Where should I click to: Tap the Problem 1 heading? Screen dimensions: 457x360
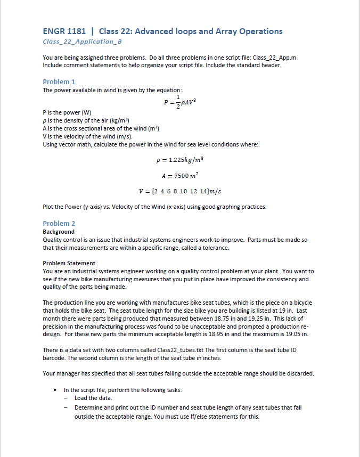(59, 81)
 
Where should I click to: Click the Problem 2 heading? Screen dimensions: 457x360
(59, 223)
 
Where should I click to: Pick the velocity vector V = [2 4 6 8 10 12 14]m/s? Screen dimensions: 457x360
(179, 191)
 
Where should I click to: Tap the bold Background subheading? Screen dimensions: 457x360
(59, 232)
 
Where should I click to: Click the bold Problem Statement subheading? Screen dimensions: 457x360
(69, 263)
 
